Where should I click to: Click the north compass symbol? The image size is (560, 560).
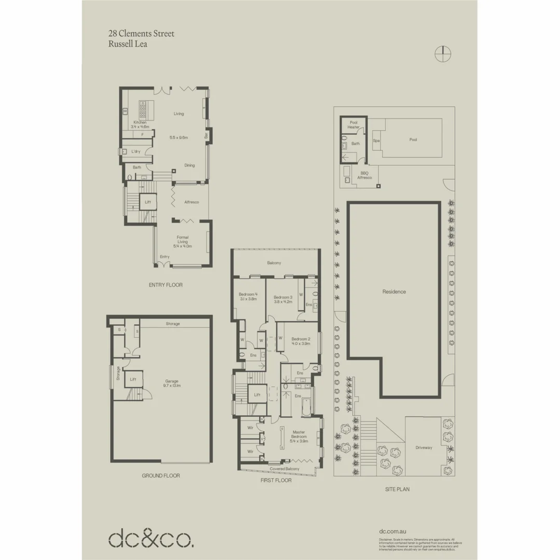[443, 53]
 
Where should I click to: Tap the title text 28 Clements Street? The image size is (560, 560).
[141, 34]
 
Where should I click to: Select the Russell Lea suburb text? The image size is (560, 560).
[128, 44]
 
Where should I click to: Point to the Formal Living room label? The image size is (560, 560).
[183, 242]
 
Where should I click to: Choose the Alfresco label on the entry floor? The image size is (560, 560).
[192, 202]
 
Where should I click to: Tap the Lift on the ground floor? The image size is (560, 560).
[133, 379]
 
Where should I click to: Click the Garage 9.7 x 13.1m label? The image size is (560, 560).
[172, 383]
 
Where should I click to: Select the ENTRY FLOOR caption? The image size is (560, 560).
[165, 285]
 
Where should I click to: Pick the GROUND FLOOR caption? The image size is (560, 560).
[161, 475]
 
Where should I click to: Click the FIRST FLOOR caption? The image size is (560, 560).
[276, 481]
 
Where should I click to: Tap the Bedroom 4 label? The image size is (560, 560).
[248, 297]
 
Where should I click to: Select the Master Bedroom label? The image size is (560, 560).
[299, 437]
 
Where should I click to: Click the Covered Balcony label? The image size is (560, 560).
[284, 469]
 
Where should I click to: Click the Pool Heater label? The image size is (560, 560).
[354, 124]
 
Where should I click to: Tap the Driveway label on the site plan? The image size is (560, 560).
[424, 447]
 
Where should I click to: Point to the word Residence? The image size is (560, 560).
[394, 291]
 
